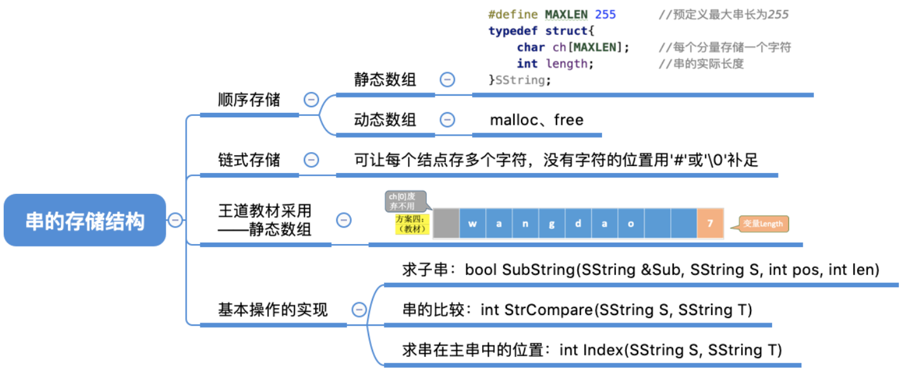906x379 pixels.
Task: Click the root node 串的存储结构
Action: click(85, 221)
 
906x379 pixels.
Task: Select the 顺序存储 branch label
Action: click(249, 100)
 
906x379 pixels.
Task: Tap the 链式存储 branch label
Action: click(249, 160)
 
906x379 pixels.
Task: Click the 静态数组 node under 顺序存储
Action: click(384, 80)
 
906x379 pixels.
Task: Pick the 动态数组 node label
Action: click(384, 120)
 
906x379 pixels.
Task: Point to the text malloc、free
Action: click(536, 120)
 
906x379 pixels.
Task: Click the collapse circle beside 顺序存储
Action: click(311, 100)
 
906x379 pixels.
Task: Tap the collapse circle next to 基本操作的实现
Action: click(359, 309)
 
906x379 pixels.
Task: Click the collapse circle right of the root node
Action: click(175, 220)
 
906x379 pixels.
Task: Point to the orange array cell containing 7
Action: click(710, 224)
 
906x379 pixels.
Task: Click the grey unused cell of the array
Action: click(446, 224)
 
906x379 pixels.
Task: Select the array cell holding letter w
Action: click(473, 224)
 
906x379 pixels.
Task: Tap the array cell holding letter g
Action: click(552, 224)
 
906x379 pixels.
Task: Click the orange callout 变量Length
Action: click(764, 224)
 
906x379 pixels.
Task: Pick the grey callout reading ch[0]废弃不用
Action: click(405, 201)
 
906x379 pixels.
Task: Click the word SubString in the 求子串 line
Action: click(538, 270)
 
